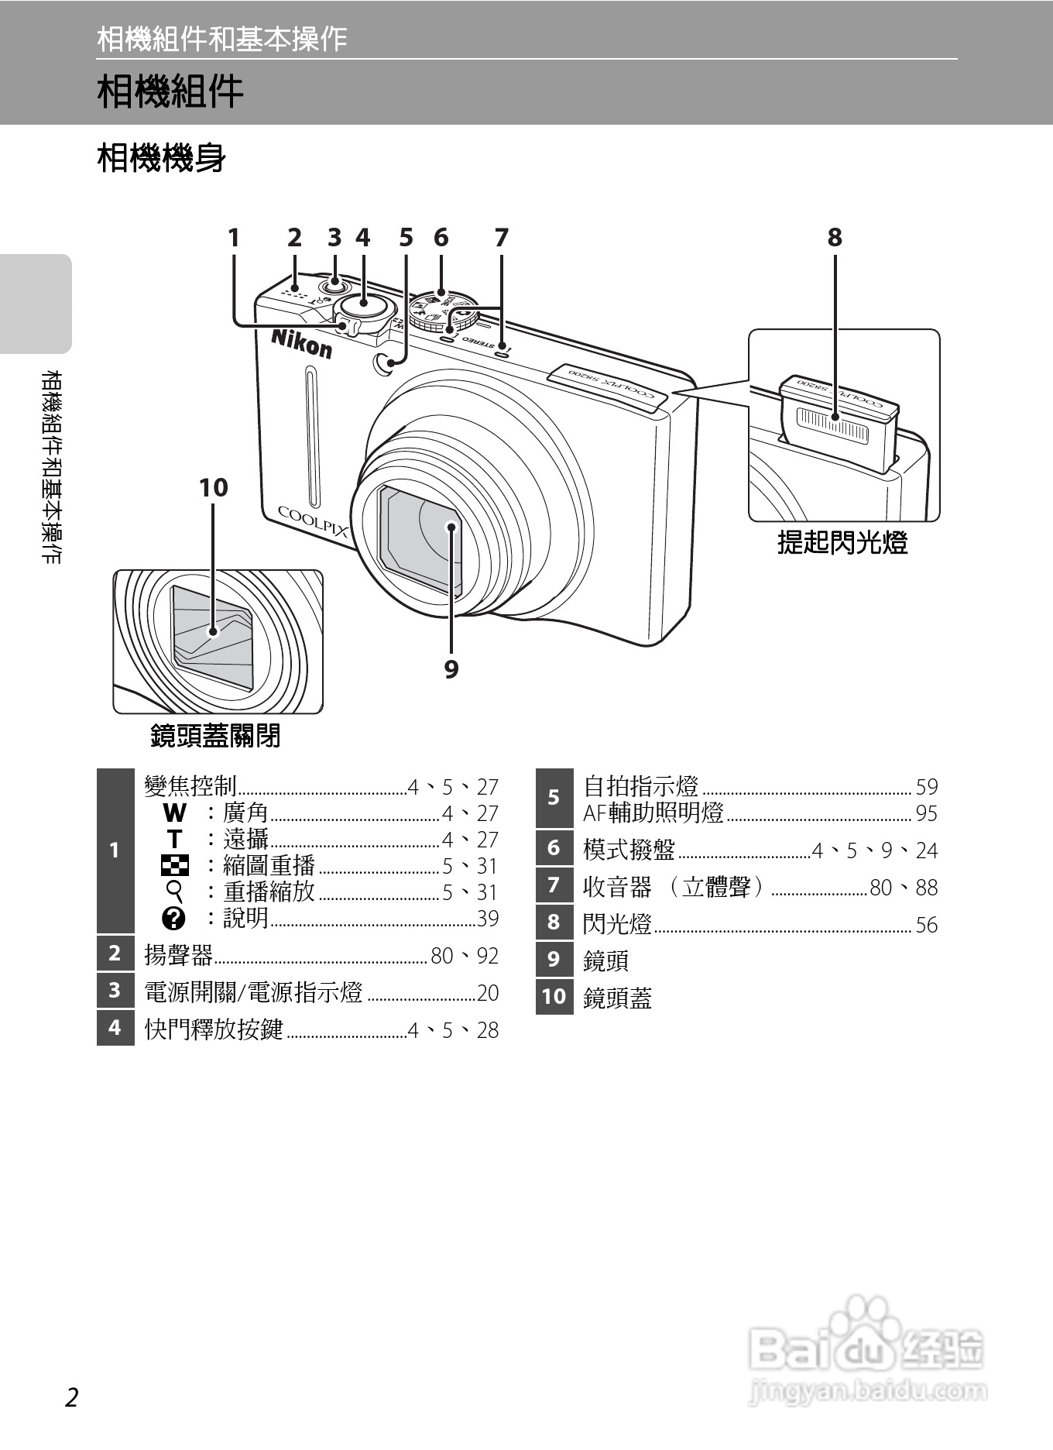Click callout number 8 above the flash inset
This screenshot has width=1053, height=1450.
834,237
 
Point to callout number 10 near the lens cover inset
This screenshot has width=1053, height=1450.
213,488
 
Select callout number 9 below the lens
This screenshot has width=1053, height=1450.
451,668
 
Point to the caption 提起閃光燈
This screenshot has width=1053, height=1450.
842,542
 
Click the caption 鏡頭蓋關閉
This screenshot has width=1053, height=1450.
215,735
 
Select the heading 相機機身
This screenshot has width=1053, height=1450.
161,158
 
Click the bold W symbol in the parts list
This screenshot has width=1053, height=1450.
175,813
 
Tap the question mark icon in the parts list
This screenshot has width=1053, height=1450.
174,919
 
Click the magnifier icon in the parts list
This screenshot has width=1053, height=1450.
176,892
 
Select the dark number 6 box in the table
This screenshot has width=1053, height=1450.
554,848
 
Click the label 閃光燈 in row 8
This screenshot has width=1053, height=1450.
617,923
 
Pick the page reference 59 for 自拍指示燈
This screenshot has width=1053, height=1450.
926,788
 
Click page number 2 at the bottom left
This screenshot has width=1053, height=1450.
71,1398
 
